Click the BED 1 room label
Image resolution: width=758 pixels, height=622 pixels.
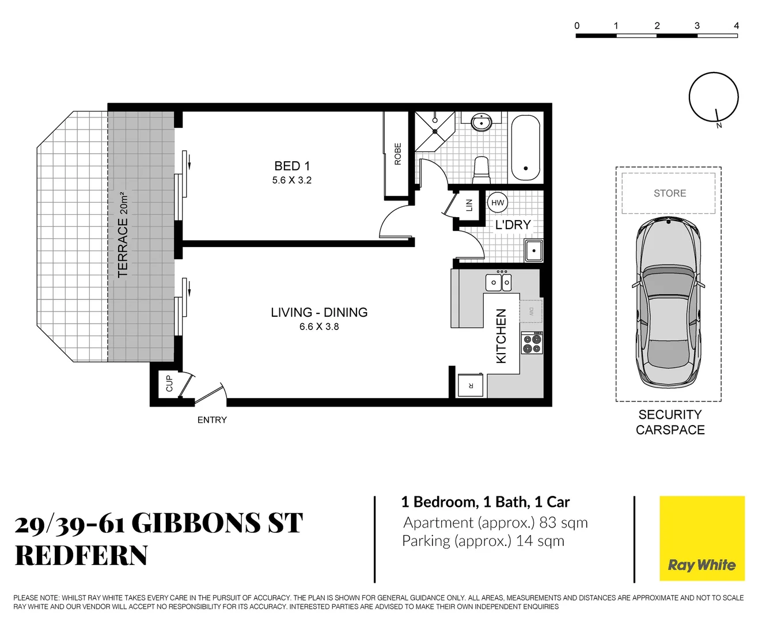click(x=291, y=166)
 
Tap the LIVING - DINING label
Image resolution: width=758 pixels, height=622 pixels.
click(x=319, y=312)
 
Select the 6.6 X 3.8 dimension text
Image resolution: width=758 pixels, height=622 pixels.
click(x=319, y=327)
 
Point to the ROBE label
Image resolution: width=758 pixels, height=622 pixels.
click(x=397, y=154)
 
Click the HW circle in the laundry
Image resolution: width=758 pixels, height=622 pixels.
click(x=498, y=203)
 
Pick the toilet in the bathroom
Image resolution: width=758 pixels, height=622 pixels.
click(x=481, y=169)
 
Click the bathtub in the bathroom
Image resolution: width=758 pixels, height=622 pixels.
click(x=525, y=148)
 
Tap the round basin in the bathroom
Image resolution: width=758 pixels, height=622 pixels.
click(x=481, y=122)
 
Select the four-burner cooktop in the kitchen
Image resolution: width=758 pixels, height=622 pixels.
click(x=532, y=343)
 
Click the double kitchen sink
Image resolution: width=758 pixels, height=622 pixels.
click(x=498, y=282)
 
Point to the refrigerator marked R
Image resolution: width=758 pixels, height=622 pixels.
click(x=471, y=385)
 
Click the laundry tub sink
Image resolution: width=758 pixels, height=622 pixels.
click(x=533, y=251)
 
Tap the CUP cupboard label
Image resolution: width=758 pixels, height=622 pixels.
click(x=169, y=384)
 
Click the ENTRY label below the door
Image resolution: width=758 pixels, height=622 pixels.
click(x=212, y=420)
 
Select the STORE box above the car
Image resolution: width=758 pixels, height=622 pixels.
click(x=669, y=194)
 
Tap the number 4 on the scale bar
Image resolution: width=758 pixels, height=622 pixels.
click(x=736, y=26)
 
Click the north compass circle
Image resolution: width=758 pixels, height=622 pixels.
click(x=714, y=97)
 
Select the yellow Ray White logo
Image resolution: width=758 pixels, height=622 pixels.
click(x=702, y=538)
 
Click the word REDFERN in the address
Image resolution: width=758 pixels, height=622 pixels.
click(x=81, y=556)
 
